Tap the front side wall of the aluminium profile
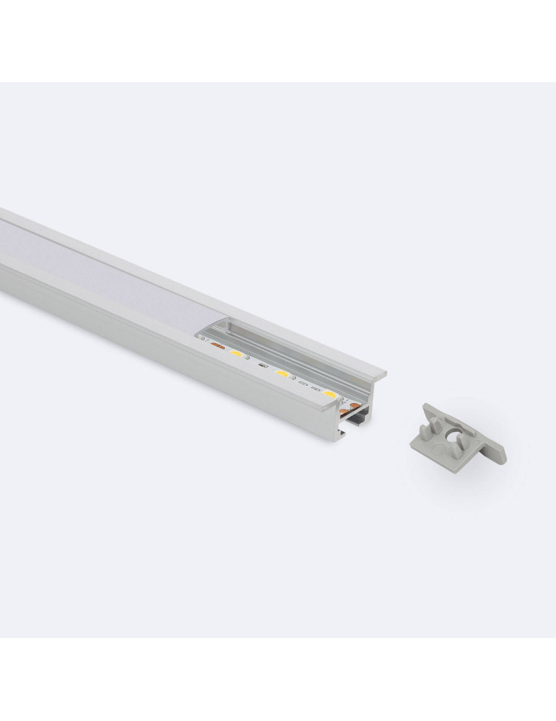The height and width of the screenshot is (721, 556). pos(144,339)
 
